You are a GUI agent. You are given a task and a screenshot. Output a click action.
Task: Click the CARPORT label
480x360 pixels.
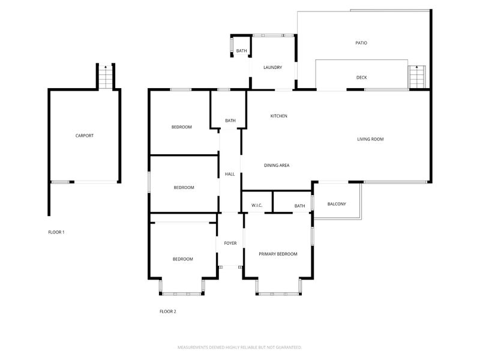(85, 136)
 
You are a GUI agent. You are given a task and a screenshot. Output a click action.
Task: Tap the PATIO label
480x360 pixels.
(361, 43)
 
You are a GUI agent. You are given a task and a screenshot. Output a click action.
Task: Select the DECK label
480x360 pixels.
(362, 77)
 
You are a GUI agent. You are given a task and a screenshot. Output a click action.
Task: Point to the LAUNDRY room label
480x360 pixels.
(273, 67)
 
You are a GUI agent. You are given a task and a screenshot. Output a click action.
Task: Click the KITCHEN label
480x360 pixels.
(279, 116)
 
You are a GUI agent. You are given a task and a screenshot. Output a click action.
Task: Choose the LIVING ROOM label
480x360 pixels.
(370, 139)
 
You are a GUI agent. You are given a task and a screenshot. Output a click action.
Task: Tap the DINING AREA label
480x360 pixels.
(277, 166)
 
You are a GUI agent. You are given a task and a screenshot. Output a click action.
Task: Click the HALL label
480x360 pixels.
(230, 174)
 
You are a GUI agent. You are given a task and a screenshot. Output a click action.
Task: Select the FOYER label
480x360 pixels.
(230, 243)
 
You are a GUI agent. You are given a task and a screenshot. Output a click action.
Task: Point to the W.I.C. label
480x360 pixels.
(257, 205)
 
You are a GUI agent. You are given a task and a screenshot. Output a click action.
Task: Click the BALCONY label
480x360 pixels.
(337, 204)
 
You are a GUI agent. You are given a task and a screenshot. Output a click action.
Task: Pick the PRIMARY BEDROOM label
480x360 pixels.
(278, 254)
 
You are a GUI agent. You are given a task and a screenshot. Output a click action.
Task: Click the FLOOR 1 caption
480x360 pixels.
(56, 232)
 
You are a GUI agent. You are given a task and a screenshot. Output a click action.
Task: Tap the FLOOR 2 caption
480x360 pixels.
(168, 311)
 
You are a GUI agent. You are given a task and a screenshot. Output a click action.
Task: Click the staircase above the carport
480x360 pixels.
(106, 77)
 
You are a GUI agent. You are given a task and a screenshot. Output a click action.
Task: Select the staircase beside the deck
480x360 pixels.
(417, 77)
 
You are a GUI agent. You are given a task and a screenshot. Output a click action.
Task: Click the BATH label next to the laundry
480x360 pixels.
(242, 51)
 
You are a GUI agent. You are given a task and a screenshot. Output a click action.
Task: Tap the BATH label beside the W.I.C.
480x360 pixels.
(299, 206)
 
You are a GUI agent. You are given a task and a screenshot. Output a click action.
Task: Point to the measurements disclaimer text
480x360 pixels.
(239, 347)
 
